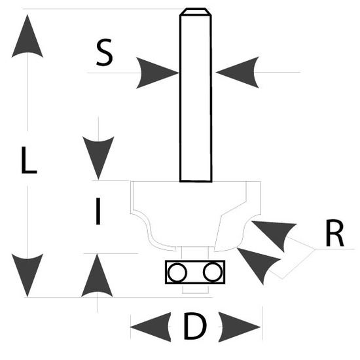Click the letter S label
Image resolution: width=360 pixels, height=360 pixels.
(x=105, y=52)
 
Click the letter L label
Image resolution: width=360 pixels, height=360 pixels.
(x=29, y=160)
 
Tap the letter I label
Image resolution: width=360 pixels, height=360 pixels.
(x=98, y=211)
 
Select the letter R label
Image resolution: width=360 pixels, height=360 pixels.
(x=334, y=233)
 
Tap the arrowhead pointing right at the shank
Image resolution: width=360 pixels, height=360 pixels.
(x=158, y=73)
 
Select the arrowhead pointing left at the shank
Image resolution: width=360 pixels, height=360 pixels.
(x=238, y=72)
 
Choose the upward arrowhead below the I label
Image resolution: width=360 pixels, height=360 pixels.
(x=97, y=275)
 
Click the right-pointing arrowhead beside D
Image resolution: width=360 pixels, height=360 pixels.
(x=240, y=327)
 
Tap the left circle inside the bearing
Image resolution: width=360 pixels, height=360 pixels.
(x=177, y=272)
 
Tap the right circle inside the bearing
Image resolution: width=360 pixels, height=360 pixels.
(x=213, y=272)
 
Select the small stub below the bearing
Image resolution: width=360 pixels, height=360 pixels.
(x=196, y=289)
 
